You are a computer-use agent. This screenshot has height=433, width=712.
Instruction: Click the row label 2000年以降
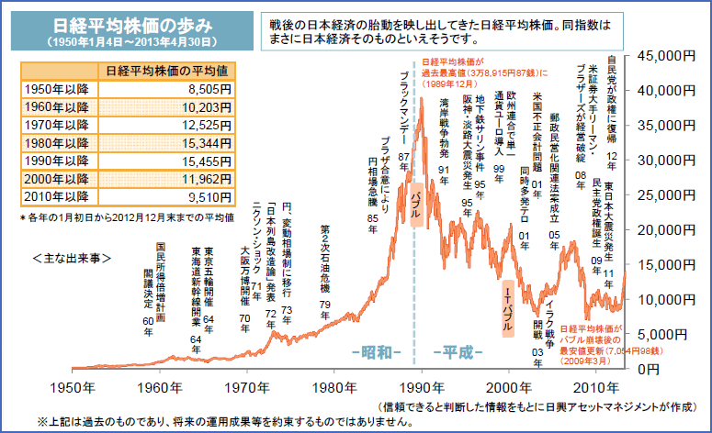pos(54,178)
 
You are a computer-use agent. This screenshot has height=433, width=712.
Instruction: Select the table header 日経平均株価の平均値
pos(166,71)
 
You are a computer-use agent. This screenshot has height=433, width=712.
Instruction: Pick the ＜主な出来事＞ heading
pos(71,259)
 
